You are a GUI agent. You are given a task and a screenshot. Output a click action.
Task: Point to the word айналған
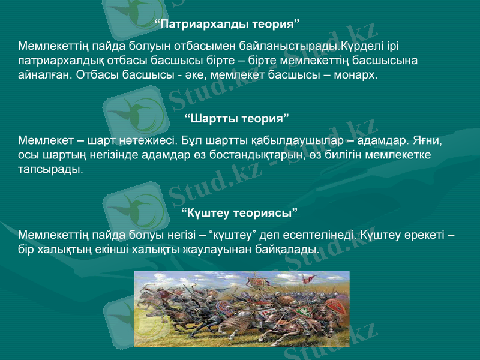(x=44, y=76)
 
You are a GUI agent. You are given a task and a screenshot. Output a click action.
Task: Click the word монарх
(x=356, y=76)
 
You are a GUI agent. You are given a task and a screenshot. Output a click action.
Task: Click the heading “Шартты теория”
(x=237, y=116)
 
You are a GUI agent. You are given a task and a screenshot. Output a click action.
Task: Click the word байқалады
(x=291, y=248)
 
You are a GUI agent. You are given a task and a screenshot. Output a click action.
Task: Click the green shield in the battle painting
(x=305, y=311)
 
